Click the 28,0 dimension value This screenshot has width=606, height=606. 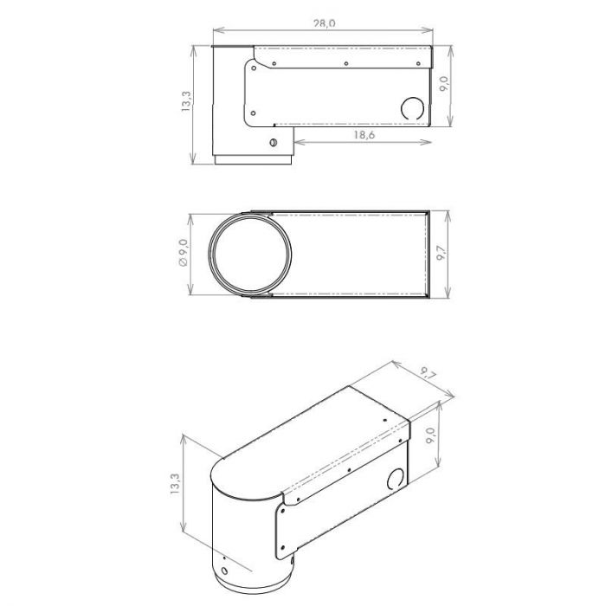coord(323,24)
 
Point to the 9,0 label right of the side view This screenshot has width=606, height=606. coord(443,85)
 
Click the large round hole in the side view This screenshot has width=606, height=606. coord(412,107)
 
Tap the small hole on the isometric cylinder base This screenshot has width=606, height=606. coord(224,571)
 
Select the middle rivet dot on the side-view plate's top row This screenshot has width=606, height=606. coord(345,63)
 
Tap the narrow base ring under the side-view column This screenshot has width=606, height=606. coord(255,160)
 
